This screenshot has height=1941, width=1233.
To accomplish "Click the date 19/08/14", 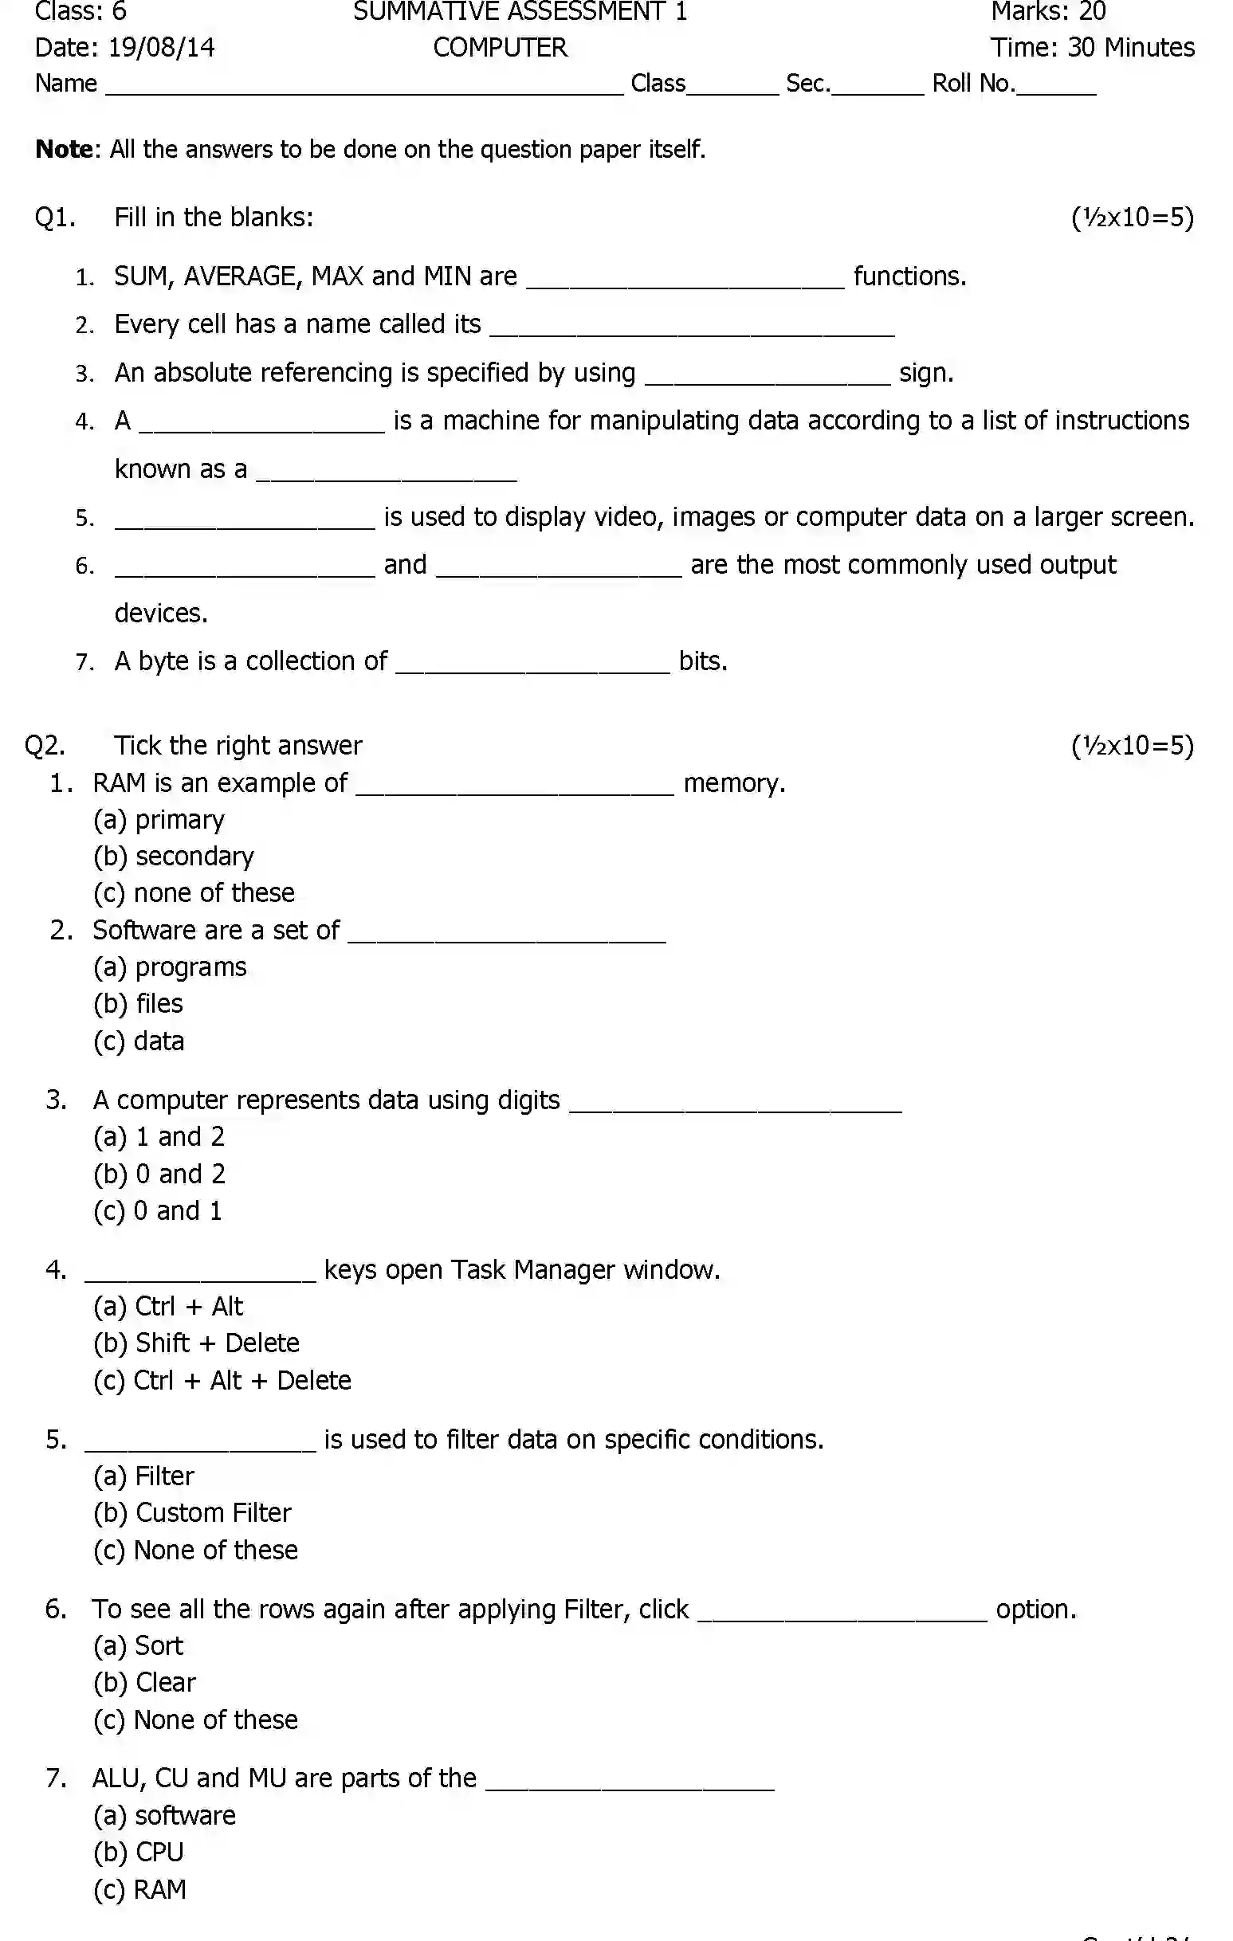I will tap(161, 48).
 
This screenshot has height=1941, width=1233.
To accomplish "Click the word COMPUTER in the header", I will tap(500, 48).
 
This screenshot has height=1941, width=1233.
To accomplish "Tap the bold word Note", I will tap(64, 149).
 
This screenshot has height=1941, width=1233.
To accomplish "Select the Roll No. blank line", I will tap(1055, 90).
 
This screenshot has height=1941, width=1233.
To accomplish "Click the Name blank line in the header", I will tap(364, 90).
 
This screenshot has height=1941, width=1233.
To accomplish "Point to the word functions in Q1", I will tap(909, 276).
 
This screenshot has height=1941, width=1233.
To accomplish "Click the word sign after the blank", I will tap(926, 372).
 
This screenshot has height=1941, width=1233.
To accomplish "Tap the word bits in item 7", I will tap(702, 661).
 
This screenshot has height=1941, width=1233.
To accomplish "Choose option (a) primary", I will tap(159, 820).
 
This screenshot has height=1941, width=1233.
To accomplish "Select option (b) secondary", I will tap(175, 856).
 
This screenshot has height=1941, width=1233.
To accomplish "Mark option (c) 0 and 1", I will tap(158, 1210).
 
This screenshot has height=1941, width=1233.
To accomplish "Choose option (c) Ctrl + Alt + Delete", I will tap(222, 1380).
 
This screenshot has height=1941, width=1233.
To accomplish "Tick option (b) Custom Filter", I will tap(193, 1512).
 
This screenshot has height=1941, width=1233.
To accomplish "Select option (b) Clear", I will tap(145, 1682).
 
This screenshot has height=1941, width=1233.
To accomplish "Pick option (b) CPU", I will tap(139, 1852).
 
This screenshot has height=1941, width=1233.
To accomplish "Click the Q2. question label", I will tap(45, 746).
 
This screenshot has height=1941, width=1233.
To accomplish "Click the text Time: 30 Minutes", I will tap(1092, 48).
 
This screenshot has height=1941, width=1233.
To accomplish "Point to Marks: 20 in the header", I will tap(1047, 11).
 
